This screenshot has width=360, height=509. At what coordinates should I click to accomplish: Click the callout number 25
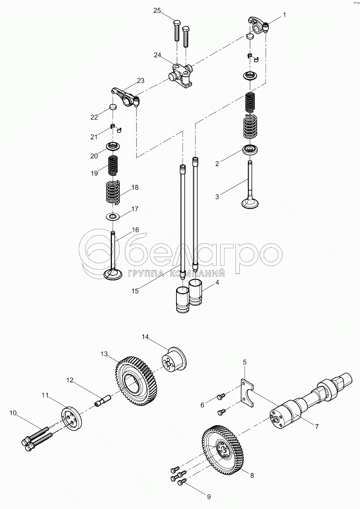(157, 11)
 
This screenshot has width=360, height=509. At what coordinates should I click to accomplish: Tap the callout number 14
(145, 337)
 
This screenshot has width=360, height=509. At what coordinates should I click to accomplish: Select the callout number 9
(209, 497)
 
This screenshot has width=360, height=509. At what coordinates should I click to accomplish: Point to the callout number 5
(245, 362)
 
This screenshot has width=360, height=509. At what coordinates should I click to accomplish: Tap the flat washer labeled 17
(113, 217)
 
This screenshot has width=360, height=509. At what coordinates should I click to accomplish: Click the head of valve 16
(113, 275)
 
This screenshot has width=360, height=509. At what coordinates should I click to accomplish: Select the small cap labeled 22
(113, 107)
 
